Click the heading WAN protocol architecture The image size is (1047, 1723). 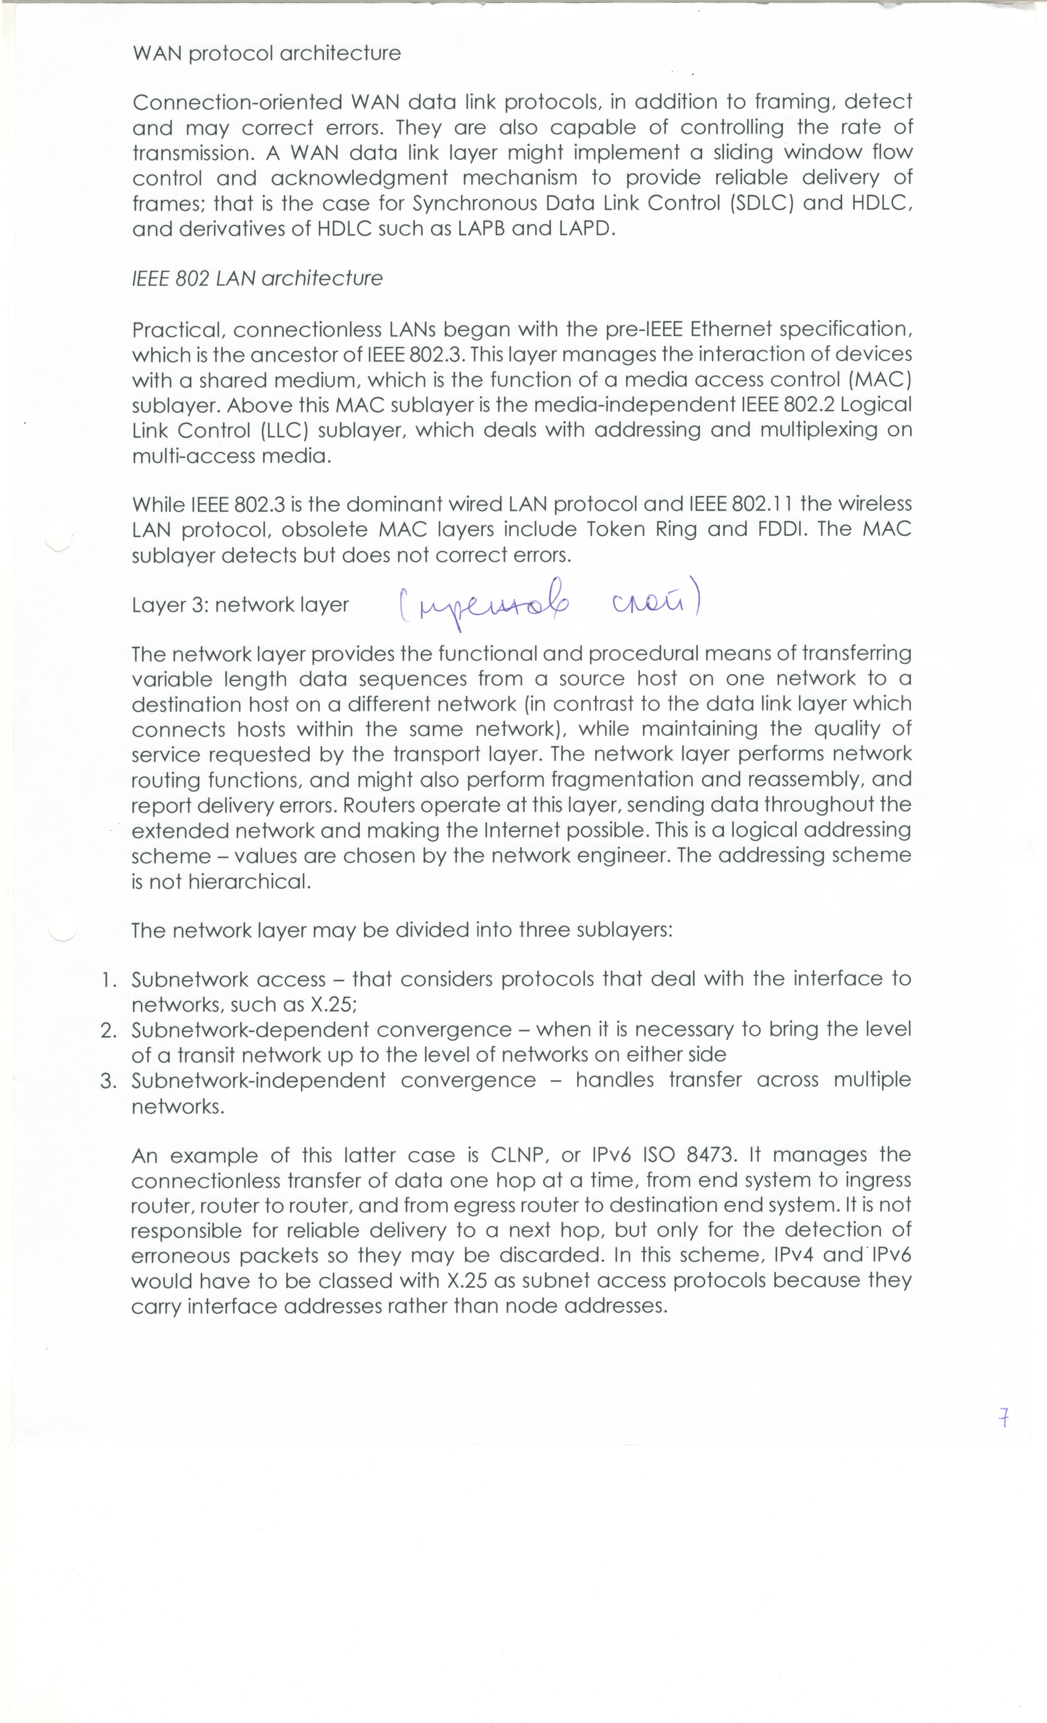pos(267,54)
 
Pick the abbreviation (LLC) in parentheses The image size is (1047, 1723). pos(285,430)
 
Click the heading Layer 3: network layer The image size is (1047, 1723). pos(240,605)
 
